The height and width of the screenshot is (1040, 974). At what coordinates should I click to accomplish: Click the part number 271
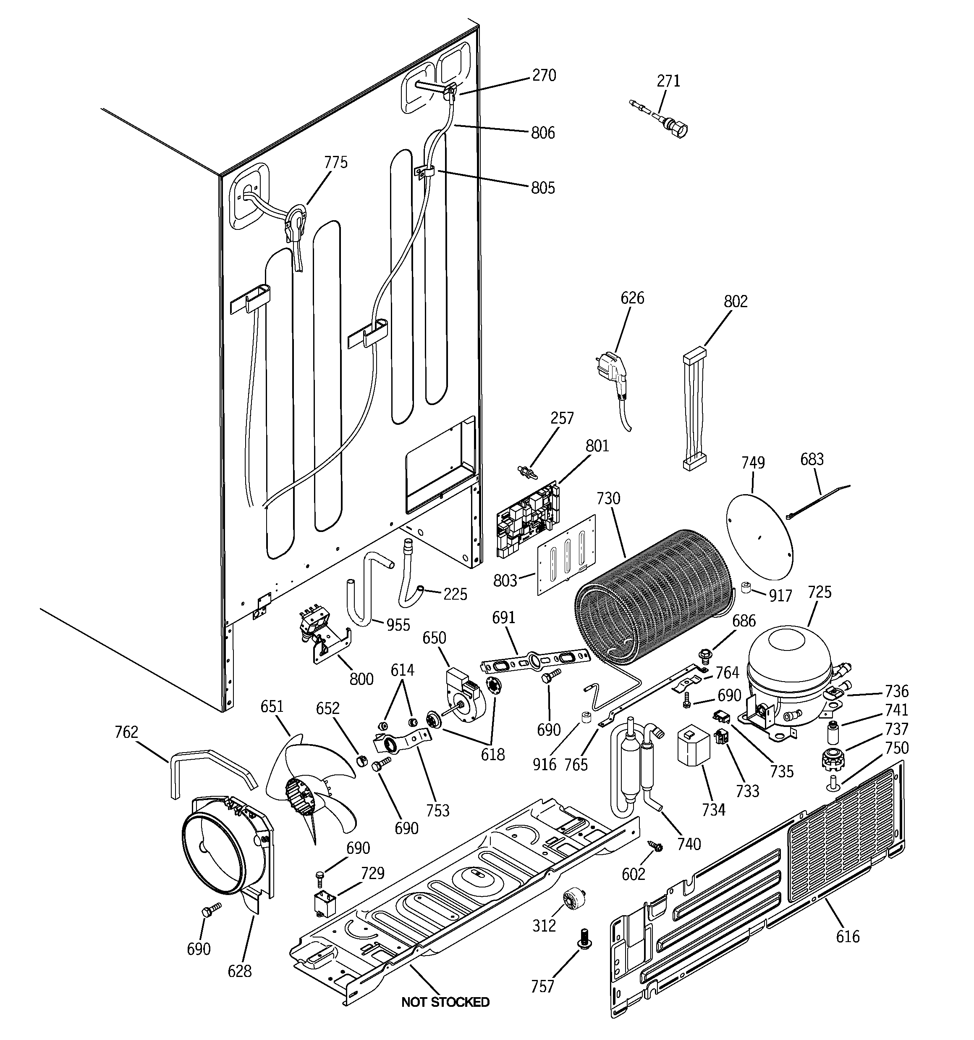668,81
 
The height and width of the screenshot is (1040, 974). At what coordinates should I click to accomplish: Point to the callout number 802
736,301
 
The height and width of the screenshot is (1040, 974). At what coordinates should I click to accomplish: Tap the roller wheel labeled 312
573,900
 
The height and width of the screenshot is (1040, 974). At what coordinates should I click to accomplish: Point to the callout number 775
335,163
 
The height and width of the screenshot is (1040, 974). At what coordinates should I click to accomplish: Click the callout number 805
543,188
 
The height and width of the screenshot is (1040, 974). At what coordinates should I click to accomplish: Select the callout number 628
239,971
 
